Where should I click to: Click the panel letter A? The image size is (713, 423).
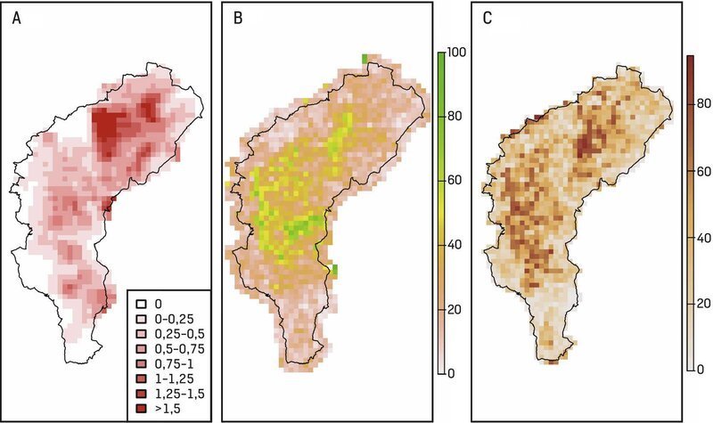[x=17, y=20]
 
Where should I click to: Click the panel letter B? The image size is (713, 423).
[x=237, y=20]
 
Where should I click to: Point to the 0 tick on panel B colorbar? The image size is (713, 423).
[x=455, y=372]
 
